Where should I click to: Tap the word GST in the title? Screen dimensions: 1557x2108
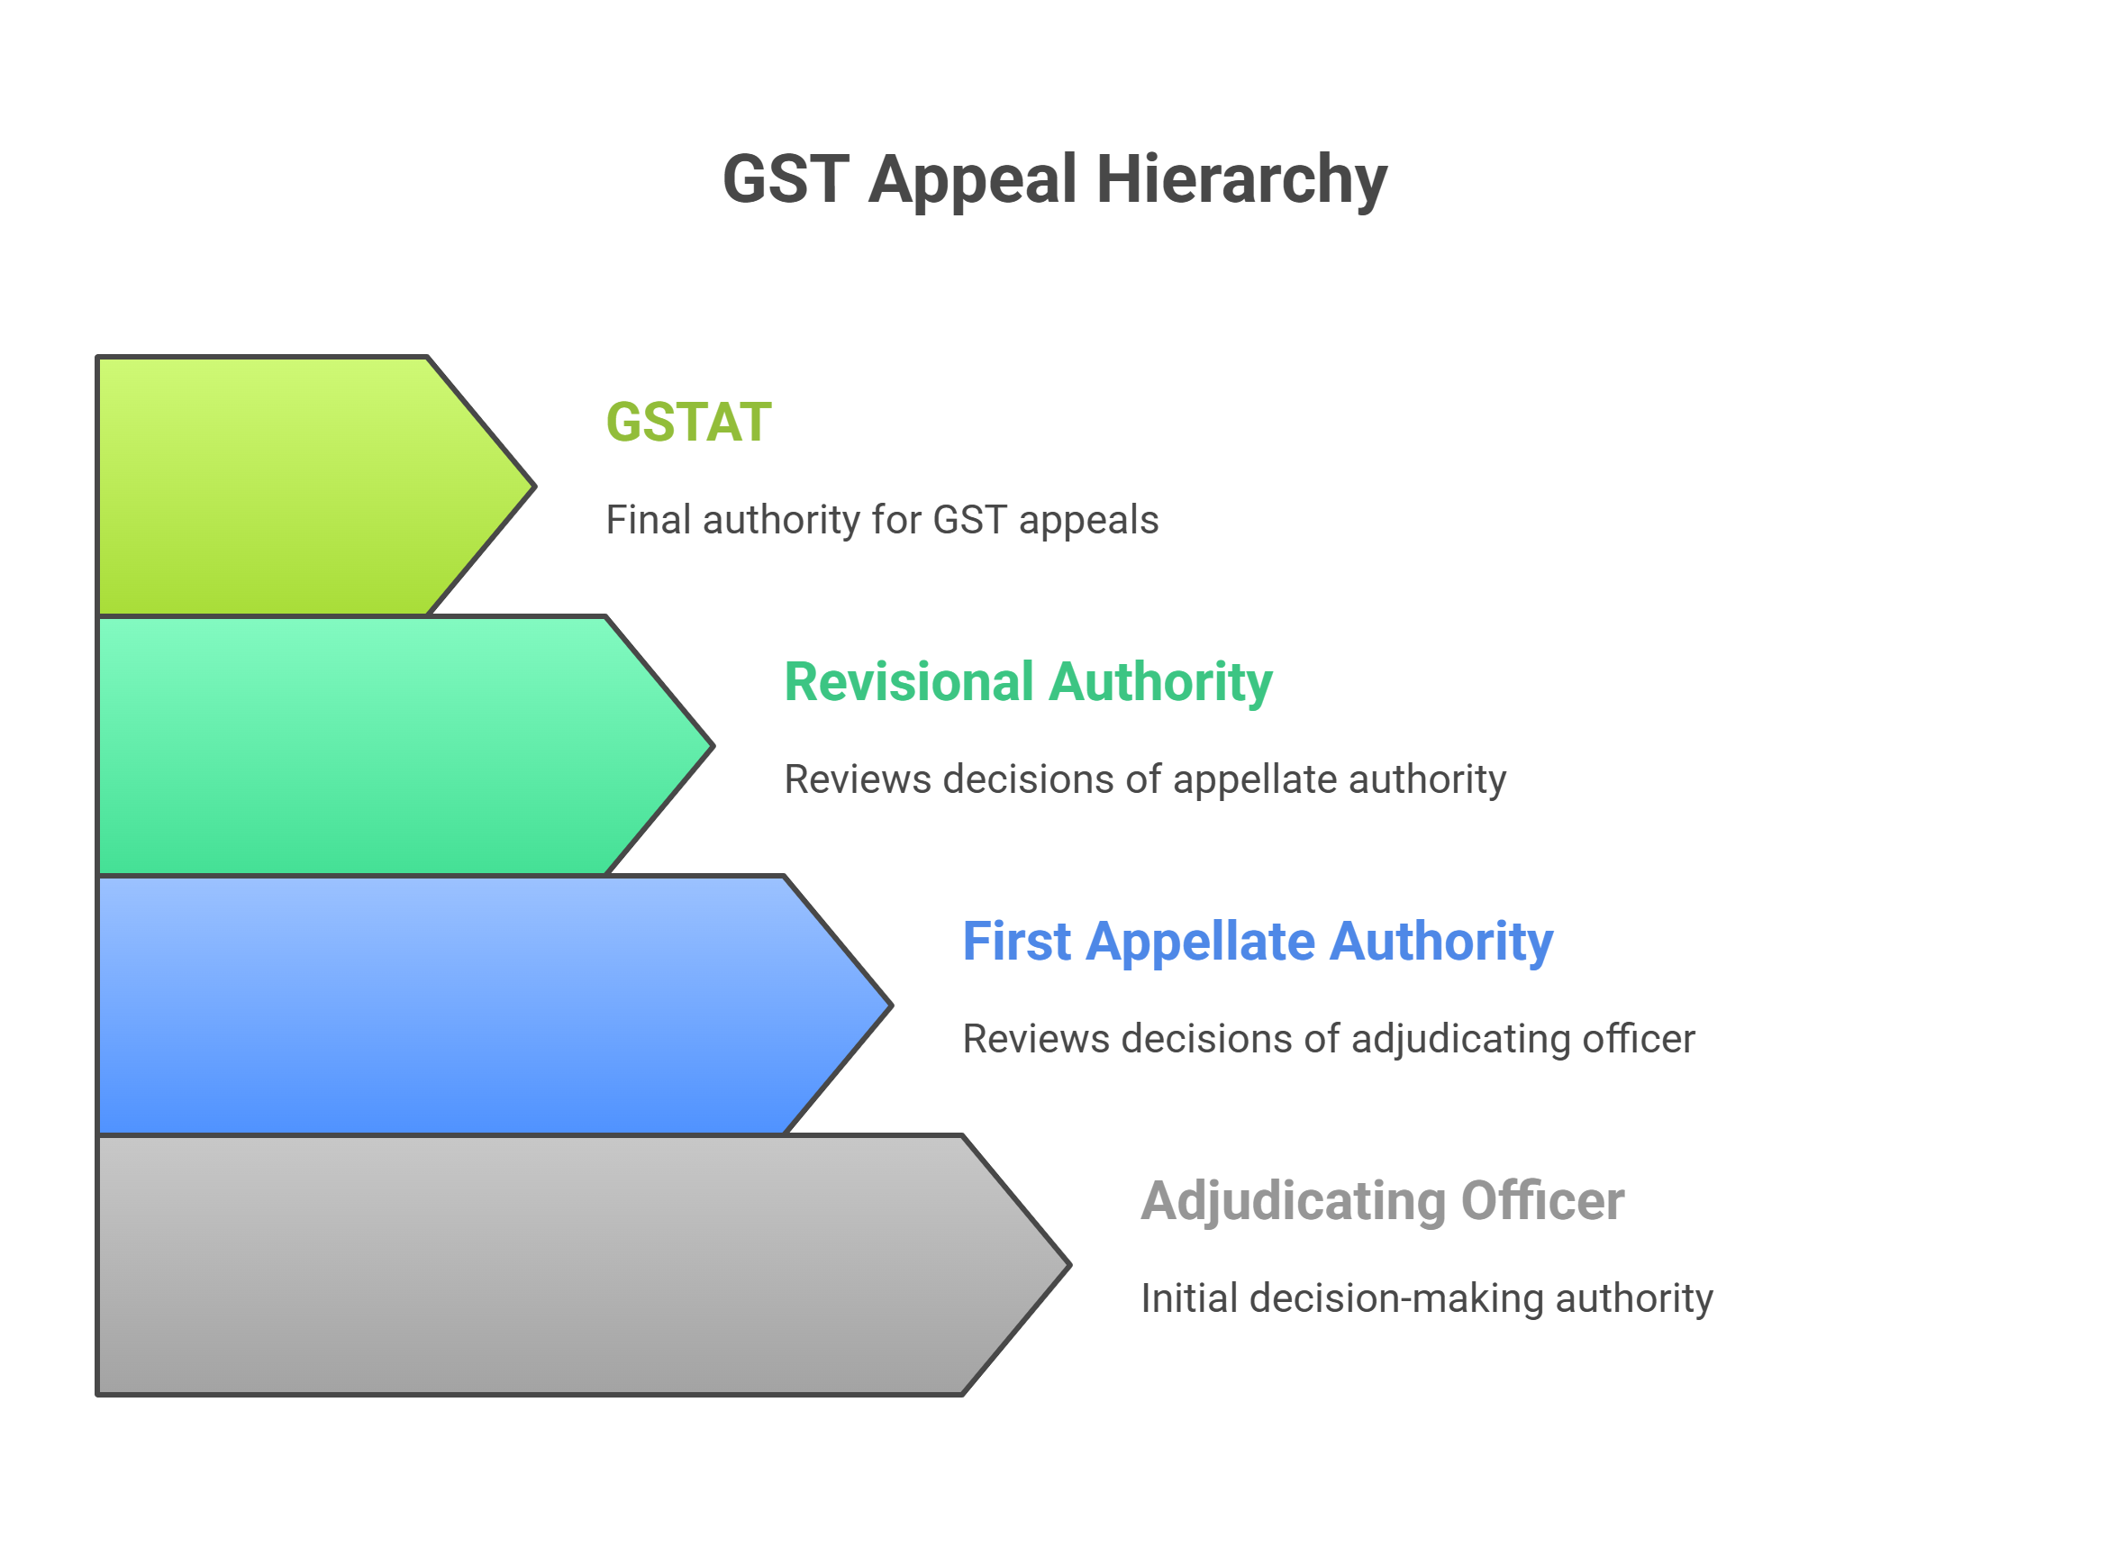click(785, 179)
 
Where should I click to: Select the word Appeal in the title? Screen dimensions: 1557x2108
click(971, 179)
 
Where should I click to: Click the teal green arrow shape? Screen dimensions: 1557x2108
click(377, 745)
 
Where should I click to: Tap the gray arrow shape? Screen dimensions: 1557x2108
click(547, 1265)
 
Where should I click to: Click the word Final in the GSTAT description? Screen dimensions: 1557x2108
click(648, 520)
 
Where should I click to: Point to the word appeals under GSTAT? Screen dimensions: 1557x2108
click(1088, 520)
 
